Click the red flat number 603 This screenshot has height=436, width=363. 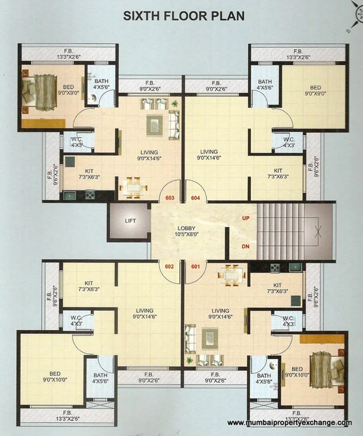pos(170,198)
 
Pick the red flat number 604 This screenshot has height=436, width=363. pos(196,198)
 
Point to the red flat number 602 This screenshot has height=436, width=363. pos(170,267)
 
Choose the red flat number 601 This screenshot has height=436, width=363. pos(196,267)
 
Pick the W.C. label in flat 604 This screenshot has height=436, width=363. pos(289,142)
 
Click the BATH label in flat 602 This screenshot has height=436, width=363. pos(100,378)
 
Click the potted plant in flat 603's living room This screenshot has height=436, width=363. pos(175,104)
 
